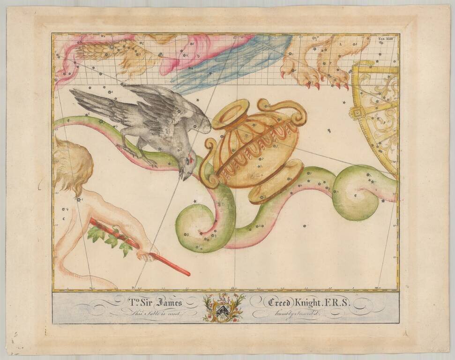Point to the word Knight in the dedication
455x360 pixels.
coord(316,302)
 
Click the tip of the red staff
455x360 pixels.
coord(188,274)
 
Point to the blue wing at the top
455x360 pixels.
coord(234,61)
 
